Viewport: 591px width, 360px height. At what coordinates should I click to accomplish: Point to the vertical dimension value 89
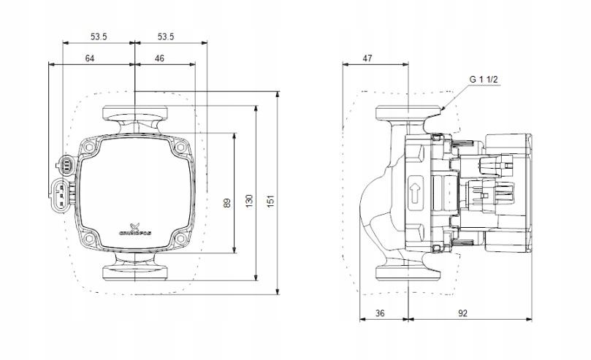pyautogui.click(x=226, y=202)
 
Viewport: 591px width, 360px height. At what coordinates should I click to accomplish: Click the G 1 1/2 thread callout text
pyautogui.click(x=484, y=79)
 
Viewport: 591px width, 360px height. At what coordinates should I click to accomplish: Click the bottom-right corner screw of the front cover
pyautogui.click(x=180, y=238)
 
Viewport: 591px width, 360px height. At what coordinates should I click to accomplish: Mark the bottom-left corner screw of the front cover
pyautogui.click(x=89, y=238)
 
